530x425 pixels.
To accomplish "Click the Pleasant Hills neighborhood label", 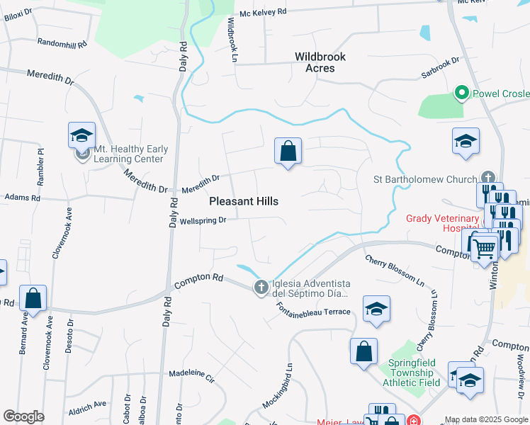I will click(x=244, y=202).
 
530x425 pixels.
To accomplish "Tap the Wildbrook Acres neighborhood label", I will click(x=320, y=62).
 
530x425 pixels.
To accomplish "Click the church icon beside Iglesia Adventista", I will click(x=261, y=287).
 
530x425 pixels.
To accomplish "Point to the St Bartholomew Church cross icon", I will click(x=487, y=178).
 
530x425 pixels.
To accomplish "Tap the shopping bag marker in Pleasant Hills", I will click(x=288, y=152).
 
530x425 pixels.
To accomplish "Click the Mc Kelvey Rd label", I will click(x=262, y=13).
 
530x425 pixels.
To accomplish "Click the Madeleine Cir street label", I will click(x=191, y=373).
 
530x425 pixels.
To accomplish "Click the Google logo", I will click(x=23, y=416).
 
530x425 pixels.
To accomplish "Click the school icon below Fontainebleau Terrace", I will click(x=377, y=310).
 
